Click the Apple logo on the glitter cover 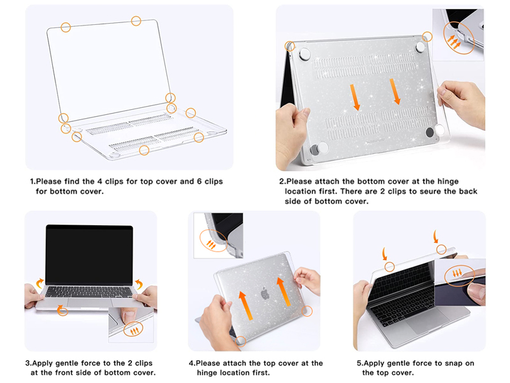pos(265,293)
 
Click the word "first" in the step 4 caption pos(260,373)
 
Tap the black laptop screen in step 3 pos(89,255)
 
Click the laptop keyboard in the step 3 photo pos(89,292)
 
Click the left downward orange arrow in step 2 pos(355,97)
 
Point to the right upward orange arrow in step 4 pos(283,292)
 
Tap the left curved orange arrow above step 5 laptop pos(385,253)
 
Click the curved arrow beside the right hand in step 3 pos(139,283)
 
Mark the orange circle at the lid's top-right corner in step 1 pos(136,21)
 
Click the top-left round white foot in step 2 pos(305,54)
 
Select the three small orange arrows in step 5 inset pos(457,273)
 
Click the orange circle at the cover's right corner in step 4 pos(307,311)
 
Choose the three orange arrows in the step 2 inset pos(454,41)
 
